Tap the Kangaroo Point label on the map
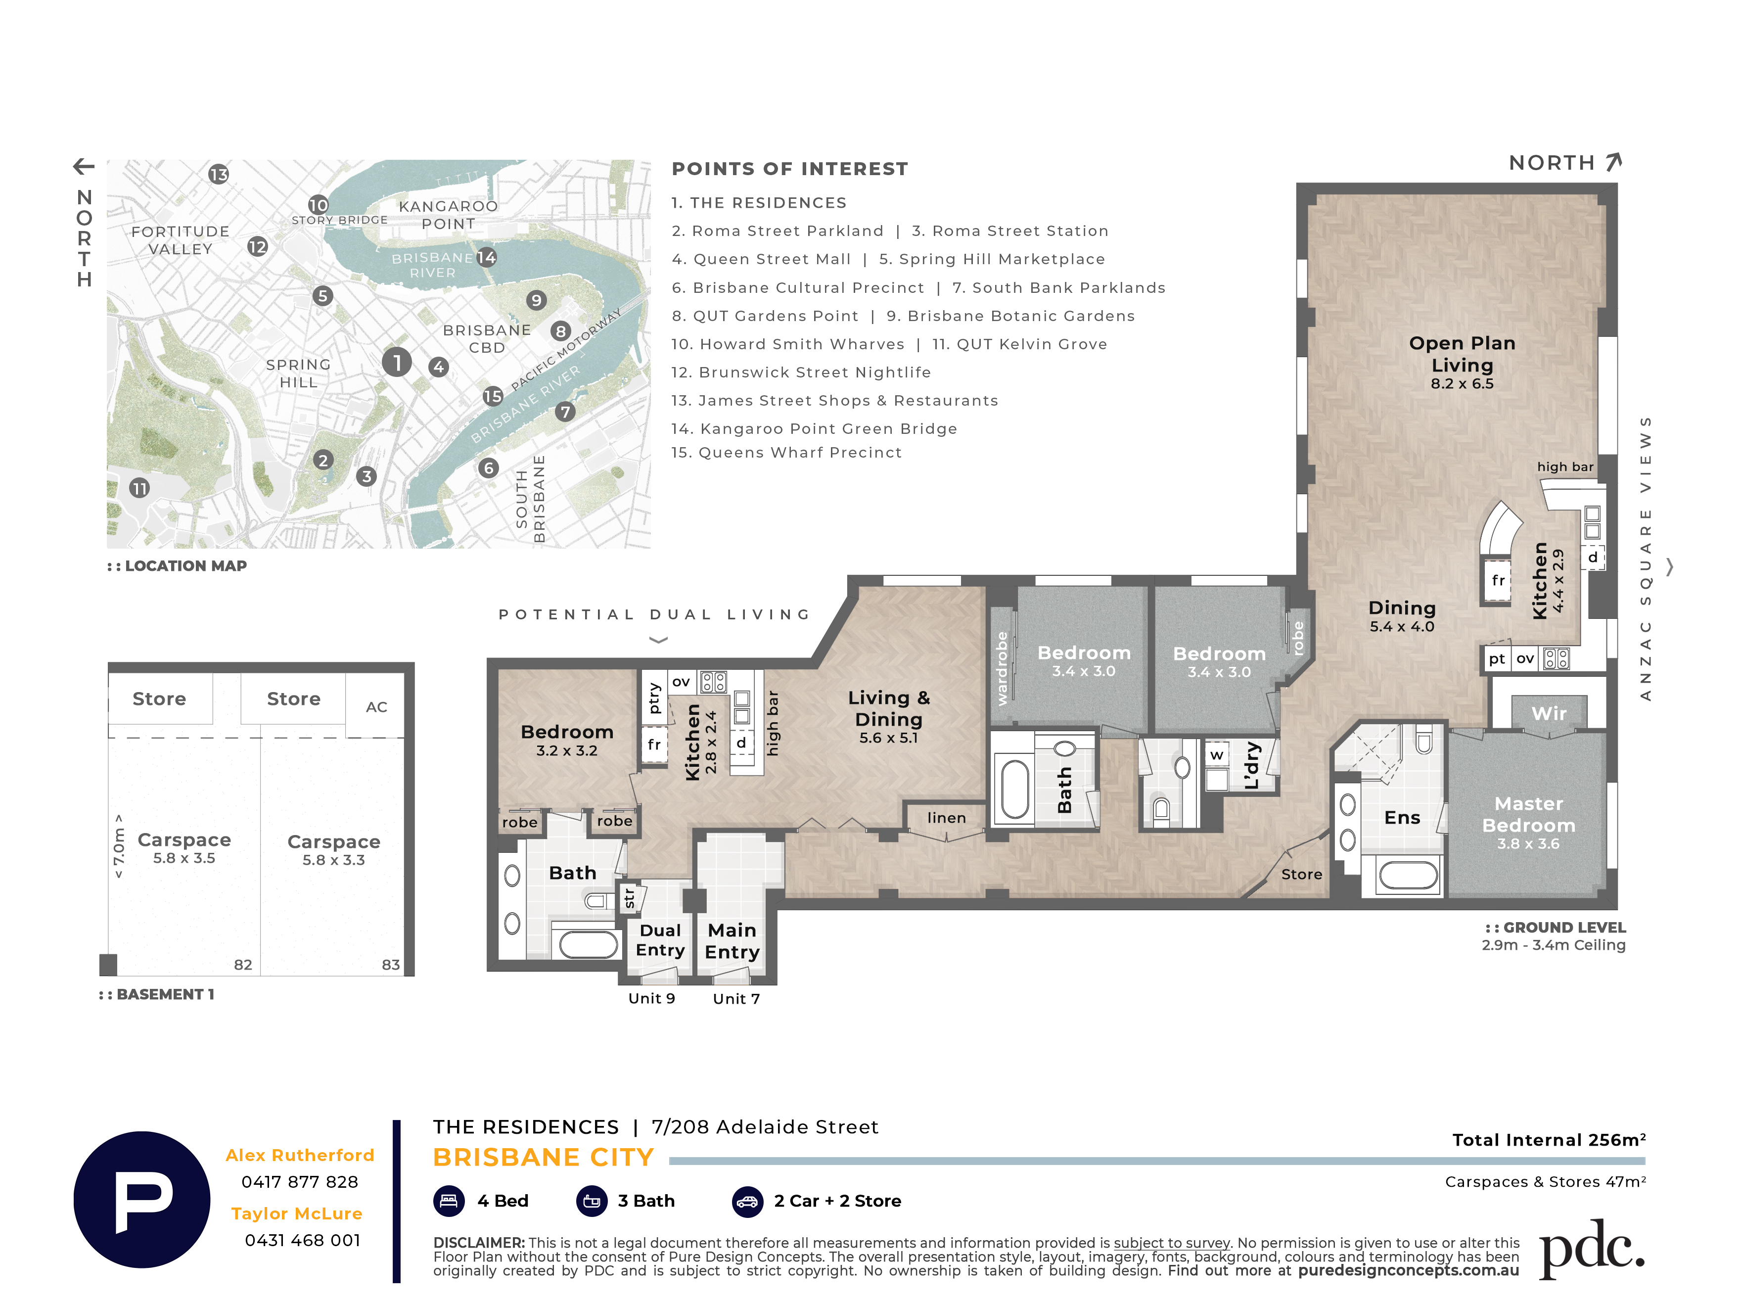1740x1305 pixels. (449, 215)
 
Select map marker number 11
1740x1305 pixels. (139, 488)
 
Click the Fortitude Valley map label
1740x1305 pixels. (180, 240)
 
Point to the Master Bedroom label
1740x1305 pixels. (1528, 814)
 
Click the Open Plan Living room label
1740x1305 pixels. (1462, 354)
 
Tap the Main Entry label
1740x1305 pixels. (732, 941)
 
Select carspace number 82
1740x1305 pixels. (243, 964)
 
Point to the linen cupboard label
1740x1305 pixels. (946, 818)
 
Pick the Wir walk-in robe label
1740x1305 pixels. (1548, 713)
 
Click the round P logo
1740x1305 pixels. (141, 1200)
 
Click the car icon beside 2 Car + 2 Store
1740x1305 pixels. (747, 1201)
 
